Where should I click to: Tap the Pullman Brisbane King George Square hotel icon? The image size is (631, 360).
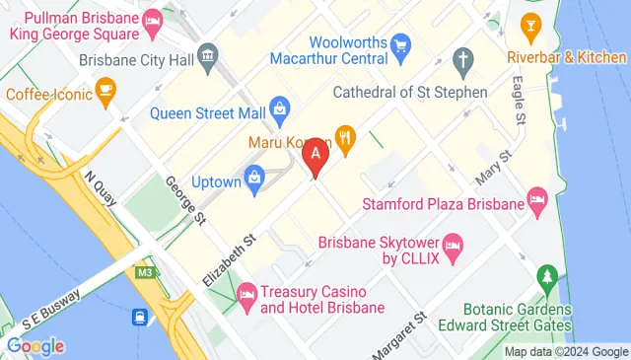tap(153, 19)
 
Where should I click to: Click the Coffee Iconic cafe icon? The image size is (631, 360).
tap(105, 95)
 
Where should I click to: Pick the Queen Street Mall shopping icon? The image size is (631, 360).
tap(279, 106)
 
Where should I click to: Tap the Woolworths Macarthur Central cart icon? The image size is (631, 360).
tap(400, 43)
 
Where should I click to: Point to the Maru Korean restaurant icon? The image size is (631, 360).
tap(345, 137)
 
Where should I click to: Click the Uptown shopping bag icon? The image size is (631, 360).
tap(254, 179)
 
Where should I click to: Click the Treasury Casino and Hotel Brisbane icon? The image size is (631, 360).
tap(246, 294)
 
